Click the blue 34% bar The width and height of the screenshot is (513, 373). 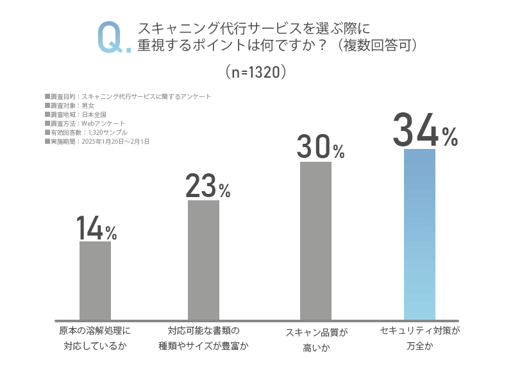pos(419,234)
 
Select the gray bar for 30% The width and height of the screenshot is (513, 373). pos(316,241)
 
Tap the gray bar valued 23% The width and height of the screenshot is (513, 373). pos(203,260)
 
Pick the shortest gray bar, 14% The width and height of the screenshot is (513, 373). pos(95,281)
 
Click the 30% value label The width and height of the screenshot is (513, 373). pos(321,148)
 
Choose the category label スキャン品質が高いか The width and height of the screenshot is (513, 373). pos(315,340)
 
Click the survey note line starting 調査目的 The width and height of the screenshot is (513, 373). pos(128,97)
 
